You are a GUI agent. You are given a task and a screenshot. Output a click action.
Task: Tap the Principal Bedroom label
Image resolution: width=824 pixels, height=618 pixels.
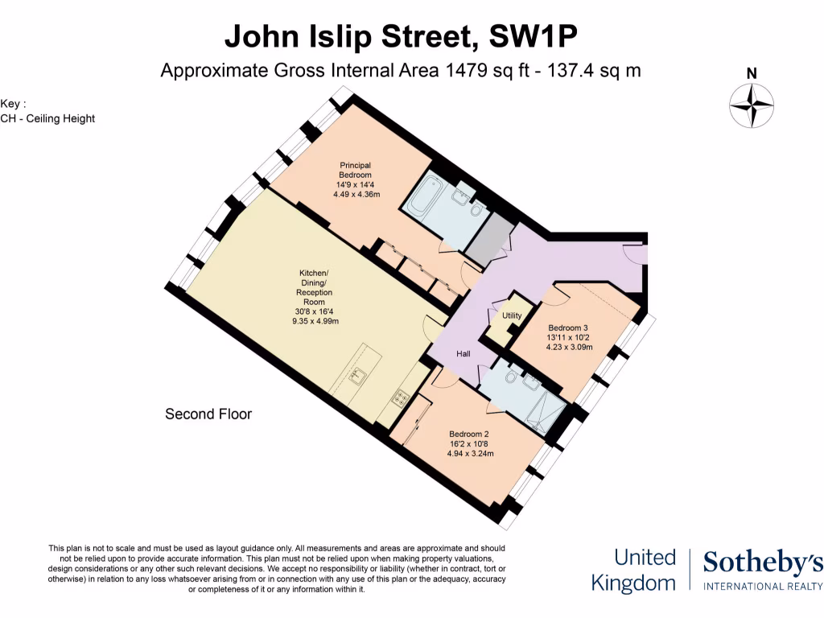355,170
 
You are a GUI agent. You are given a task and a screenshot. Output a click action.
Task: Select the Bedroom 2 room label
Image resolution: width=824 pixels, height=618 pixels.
469,435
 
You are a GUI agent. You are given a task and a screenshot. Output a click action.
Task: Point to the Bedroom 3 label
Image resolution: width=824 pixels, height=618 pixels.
568,328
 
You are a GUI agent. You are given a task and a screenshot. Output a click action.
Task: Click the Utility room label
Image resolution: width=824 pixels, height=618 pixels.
512,315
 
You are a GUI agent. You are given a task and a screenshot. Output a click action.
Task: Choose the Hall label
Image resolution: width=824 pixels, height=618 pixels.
463,353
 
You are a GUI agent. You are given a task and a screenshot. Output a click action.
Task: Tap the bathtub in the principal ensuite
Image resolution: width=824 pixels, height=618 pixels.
426,196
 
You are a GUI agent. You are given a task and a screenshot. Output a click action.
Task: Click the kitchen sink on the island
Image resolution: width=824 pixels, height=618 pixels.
357,375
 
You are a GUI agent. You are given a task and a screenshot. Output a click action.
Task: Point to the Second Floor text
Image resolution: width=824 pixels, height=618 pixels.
208,414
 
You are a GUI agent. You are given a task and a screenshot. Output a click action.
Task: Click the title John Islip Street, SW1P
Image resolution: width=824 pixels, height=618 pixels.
401,36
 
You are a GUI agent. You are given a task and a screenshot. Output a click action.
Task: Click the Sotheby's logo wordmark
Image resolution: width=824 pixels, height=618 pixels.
763,562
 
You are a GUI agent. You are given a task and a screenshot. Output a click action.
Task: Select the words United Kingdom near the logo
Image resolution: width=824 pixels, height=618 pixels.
633,570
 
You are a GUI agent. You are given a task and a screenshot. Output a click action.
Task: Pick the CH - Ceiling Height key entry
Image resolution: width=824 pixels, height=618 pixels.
48,118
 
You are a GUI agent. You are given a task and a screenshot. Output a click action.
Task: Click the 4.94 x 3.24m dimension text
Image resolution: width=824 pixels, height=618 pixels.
470,454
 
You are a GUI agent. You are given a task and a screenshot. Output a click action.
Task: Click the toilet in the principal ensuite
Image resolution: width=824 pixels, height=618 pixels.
476,211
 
